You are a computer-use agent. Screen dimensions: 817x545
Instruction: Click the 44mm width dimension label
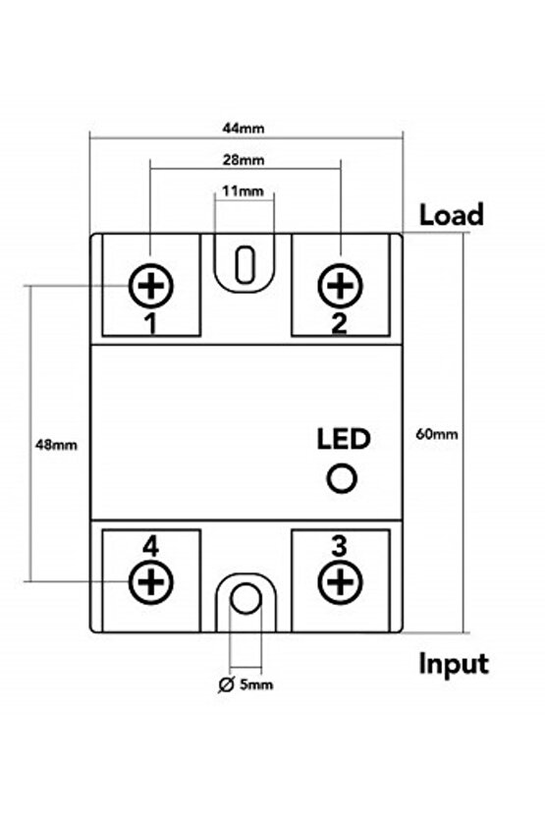click(x=245, y=128)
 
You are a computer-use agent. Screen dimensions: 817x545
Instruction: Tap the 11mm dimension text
click(x=243, y=191)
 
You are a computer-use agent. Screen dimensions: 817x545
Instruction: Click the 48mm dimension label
click(x=56, y=444)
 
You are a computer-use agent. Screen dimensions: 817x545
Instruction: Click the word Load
click(x=452, y=215)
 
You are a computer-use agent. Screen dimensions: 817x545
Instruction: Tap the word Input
click(x=454, y=664)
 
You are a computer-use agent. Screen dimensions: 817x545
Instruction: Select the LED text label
click(x=343, y=439)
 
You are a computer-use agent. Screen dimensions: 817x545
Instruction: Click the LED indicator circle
click(x=341, y=478)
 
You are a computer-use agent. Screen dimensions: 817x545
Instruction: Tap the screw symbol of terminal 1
click(x=151, y=286)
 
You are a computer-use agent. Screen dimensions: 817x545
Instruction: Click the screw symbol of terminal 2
click(x=340, y=286)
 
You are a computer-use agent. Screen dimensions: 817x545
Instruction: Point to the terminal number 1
click(x=151, y=323)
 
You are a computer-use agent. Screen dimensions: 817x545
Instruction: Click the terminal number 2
click(x=339, y=323)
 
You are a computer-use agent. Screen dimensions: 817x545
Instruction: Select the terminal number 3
click(x=339, y=546)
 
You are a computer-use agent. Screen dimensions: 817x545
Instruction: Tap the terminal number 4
click(x=150, y=546)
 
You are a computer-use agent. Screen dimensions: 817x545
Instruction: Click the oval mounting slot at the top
click(x=245, y=263)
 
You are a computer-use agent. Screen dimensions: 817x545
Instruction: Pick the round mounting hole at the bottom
click(x=245, y=599)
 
